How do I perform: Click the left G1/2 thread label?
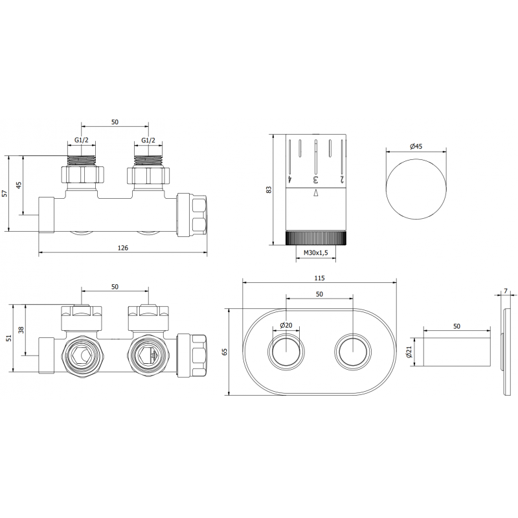[81, 141]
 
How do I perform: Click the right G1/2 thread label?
[148, 141]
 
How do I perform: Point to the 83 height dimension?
[269, 189]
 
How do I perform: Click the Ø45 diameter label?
[416, 146]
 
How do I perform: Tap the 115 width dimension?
[319, 277]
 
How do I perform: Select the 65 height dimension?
[226, 352]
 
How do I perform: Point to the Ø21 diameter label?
[409, 352]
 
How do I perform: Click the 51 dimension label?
[8, 338]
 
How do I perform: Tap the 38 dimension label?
[21, 330]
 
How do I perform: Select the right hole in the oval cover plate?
[352, 352]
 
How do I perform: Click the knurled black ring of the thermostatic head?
[317, 237]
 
